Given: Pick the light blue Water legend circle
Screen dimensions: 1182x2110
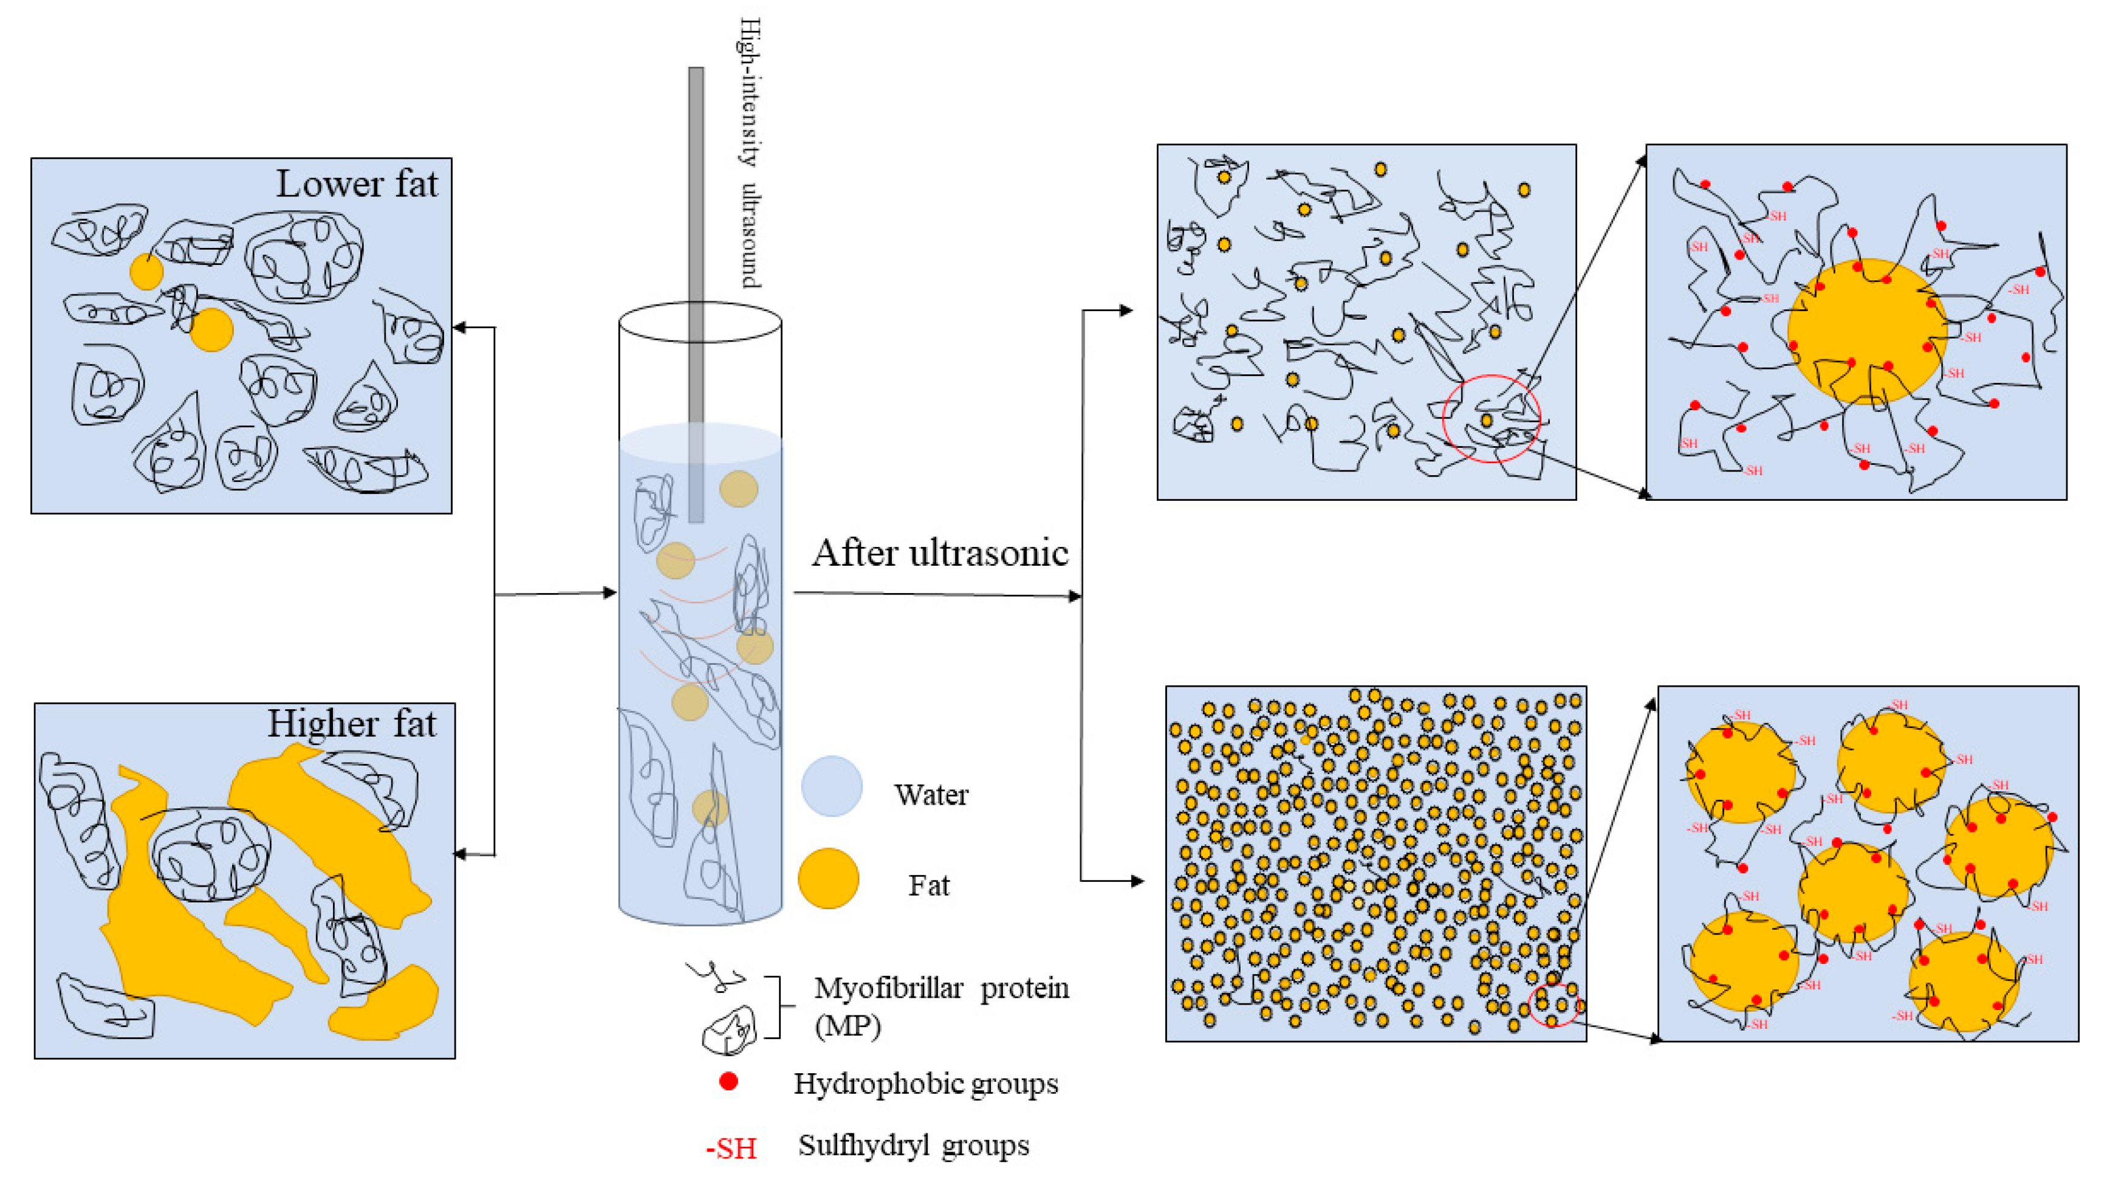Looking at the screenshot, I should point(831,786).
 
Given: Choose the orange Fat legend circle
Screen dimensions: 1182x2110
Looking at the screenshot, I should point(828,879).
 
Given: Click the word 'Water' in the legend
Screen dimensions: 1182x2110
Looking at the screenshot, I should point(931,794).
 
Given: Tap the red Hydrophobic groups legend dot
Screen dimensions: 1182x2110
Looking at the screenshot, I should point(728,1082).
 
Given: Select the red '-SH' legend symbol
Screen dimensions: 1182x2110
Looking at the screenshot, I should point(731,1149).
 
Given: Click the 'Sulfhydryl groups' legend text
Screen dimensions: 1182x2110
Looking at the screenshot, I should point(913,1145).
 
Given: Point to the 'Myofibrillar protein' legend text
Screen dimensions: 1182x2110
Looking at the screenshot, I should point(941,989).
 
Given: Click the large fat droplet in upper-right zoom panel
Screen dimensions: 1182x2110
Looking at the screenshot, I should point(1867,331).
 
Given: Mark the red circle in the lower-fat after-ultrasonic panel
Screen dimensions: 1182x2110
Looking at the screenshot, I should point(1491,419).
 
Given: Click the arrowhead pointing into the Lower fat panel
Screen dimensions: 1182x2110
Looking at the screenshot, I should point(459,328).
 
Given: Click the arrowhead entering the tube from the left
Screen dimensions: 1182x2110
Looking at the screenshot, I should point(609,593).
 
